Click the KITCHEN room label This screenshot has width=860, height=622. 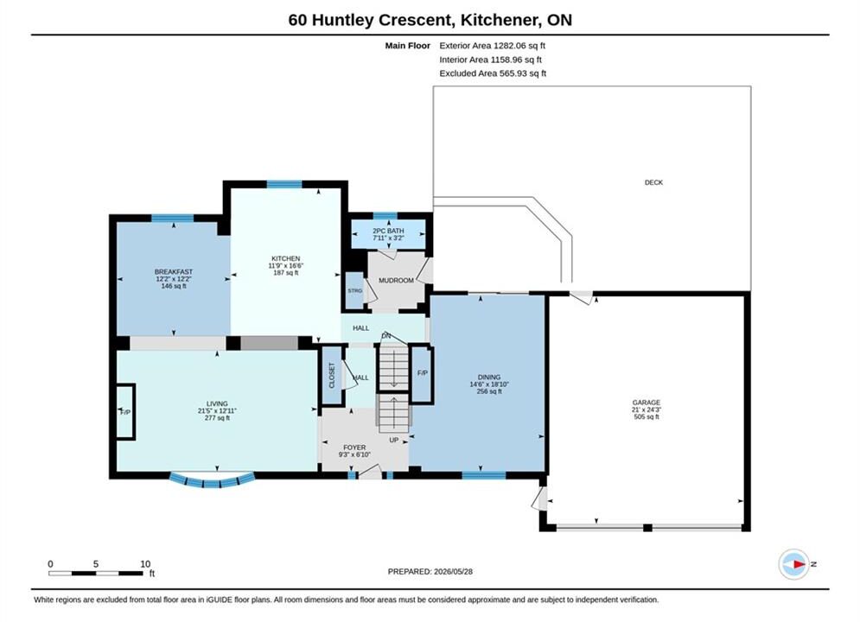(286, 258)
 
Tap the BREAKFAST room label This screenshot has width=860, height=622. (174, 272)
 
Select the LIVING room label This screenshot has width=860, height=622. (217, 404)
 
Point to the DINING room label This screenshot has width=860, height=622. (489, 377)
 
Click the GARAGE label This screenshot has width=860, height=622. (647, 403)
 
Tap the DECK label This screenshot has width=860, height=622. (653, 182)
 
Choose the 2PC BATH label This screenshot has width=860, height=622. (388, 231)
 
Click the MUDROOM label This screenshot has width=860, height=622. (396, 281)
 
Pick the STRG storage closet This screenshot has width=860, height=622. (355, 290)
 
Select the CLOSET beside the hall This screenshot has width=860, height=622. (331, 376)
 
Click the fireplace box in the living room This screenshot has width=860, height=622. (125, 412)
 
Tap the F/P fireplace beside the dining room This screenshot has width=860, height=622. (423, 373)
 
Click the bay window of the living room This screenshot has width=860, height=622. (212, 480)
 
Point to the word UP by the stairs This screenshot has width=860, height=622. (394, 440)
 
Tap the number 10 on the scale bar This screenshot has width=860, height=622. (145, 564)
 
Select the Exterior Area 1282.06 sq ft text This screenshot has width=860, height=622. (492, 46)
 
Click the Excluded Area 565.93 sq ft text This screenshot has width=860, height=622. (493, 73)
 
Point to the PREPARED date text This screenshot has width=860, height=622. (430, 572)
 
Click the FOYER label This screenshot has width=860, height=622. (354, 447)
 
